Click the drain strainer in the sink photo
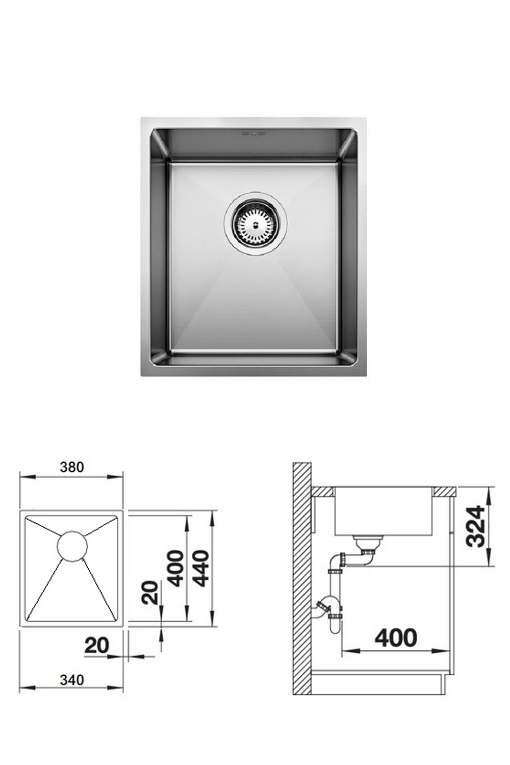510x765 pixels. tap(256, 223)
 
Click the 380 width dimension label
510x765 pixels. tap(72, 467)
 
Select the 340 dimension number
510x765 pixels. tap(72, 679)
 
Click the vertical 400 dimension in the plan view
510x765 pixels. tap(175, 568)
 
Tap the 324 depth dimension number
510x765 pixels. tap(475, 526)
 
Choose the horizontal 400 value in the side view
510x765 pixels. tap(396, 637)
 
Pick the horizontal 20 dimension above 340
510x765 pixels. tap(97, 646)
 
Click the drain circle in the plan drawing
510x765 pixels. tap(72, 546)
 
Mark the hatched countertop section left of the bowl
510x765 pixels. tap(322, 492)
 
